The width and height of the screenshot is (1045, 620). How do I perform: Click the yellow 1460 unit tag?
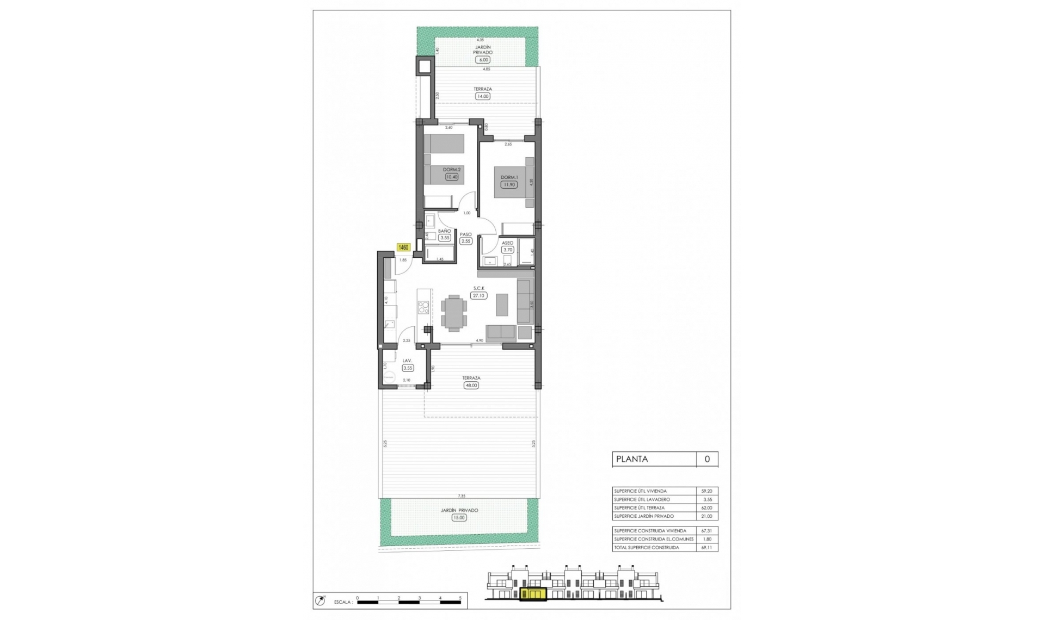coord(403,247)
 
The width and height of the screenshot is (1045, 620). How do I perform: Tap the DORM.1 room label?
coord(509,177)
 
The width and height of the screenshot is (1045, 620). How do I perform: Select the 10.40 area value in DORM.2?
coord(451,177)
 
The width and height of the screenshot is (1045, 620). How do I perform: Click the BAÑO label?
coord(444,231)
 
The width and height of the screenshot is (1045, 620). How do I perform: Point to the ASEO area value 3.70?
coord(507,250)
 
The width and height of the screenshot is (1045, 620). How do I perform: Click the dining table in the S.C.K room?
coord(454,313)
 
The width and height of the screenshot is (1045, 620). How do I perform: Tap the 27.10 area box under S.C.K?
coord(479,296)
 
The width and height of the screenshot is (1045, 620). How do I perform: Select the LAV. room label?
coord(407,361)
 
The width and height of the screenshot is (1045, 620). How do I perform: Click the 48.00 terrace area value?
coord(471,385)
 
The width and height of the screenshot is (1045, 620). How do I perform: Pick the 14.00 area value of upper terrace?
coord(482,96)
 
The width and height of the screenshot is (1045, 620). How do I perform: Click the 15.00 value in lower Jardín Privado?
coord(459,518)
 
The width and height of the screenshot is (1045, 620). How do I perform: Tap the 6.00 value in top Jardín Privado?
coord(482,60)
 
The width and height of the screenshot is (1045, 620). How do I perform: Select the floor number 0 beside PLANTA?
coord(707,459)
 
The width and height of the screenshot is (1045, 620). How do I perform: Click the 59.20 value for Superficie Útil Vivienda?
coord(706,491)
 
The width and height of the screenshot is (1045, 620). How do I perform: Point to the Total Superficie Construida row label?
coord(646,548)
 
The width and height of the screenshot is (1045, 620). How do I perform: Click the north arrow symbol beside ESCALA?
coord(320,600)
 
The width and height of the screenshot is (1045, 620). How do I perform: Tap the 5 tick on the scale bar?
coord(460,598)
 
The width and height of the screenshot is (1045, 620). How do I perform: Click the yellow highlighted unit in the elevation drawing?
coord(533,595)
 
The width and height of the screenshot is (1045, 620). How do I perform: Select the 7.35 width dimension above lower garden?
coord(462,496)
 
